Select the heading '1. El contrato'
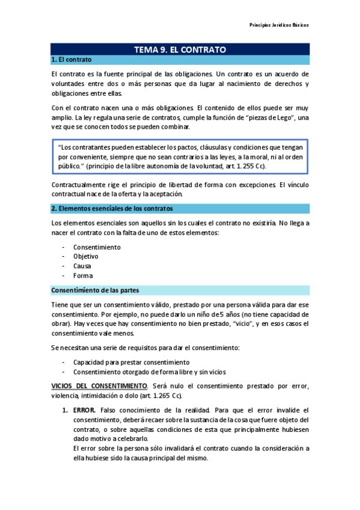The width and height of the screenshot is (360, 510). tap(72, 60)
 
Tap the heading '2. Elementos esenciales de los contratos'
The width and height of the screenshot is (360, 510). tap(112, 208)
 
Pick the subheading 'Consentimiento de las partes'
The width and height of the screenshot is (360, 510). tap(96, 290)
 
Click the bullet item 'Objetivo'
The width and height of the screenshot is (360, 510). tap(86, 256)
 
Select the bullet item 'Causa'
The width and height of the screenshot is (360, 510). tap(82, 266)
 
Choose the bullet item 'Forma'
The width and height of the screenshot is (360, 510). tap(83, 275)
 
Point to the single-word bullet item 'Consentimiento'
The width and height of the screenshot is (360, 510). tap(96, 247)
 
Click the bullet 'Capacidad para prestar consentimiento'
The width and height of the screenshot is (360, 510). tap(131, 362)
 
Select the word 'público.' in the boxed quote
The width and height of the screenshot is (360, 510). tap(72, 166)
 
